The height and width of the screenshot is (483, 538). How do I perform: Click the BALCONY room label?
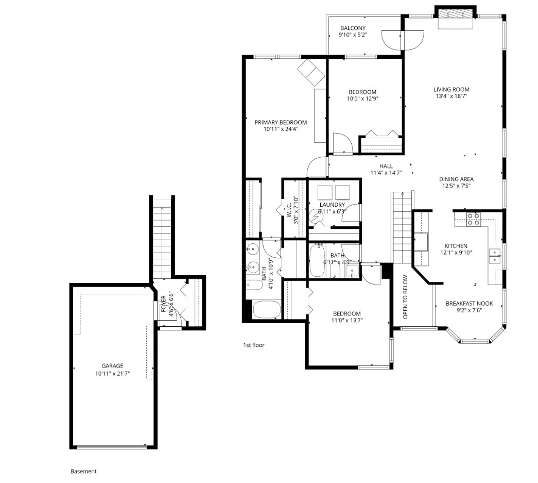(353, 28)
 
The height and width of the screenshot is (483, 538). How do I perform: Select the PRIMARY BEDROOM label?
(281, 122)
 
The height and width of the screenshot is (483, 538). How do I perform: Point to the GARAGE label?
(112, 366)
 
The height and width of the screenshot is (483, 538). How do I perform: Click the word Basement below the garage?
(83, 471)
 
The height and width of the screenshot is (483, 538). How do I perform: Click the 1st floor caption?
(254, 345)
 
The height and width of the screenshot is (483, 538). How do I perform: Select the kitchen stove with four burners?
(473, 219)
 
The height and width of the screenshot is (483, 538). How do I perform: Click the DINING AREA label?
(456, 179)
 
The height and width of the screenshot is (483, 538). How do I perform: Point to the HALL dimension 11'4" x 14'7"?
(386, 173)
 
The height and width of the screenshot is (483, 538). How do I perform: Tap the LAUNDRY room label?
(332, 205)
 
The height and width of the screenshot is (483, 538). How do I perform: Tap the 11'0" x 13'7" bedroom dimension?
(346, 321)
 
